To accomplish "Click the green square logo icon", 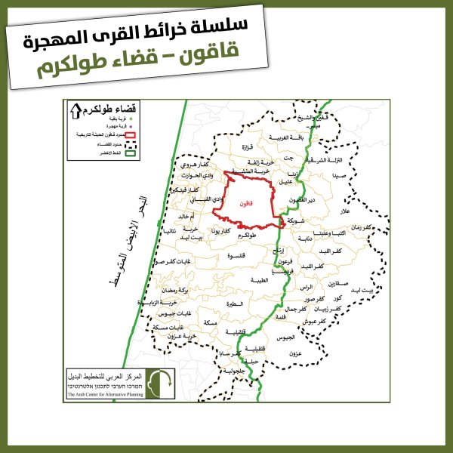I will click(159, 383).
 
